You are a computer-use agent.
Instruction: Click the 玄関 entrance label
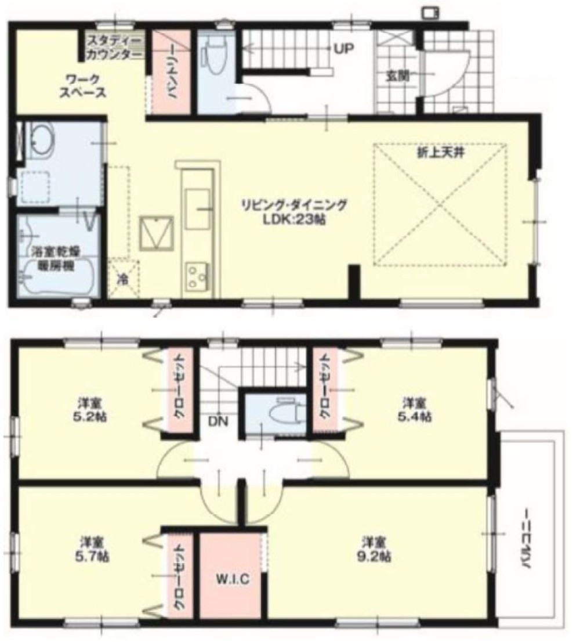pos(397,75)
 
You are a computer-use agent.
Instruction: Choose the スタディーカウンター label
pos(114,48)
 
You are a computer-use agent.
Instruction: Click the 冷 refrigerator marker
pos(123,278)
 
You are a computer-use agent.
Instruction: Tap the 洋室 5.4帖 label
pos(416,410)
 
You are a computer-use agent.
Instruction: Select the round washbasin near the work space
pos(40,140)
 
